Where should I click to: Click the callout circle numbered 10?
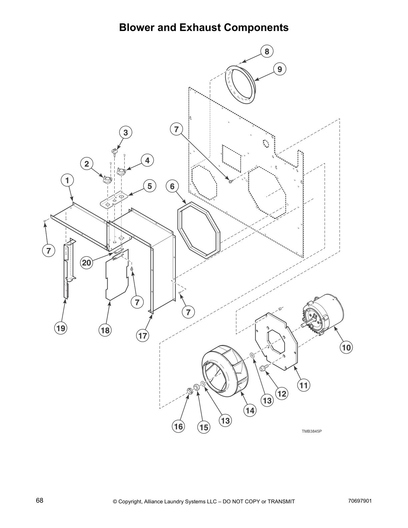click(x=346, y=348)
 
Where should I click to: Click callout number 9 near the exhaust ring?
click(x=280, y=69)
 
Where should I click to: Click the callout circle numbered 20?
click(x=86, y=263)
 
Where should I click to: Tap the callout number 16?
click(x=179, y=426)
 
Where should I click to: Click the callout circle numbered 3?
click(x=126, y=132)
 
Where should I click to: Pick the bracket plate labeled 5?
click(x=113, y=200)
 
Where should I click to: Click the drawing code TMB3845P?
click(x=312, y=431)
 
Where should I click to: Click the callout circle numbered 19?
click(x=61, y=328)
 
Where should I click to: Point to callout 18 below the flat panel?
click(x=105, y=330)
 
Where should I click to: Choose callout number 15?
click(x=204, y=427)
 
